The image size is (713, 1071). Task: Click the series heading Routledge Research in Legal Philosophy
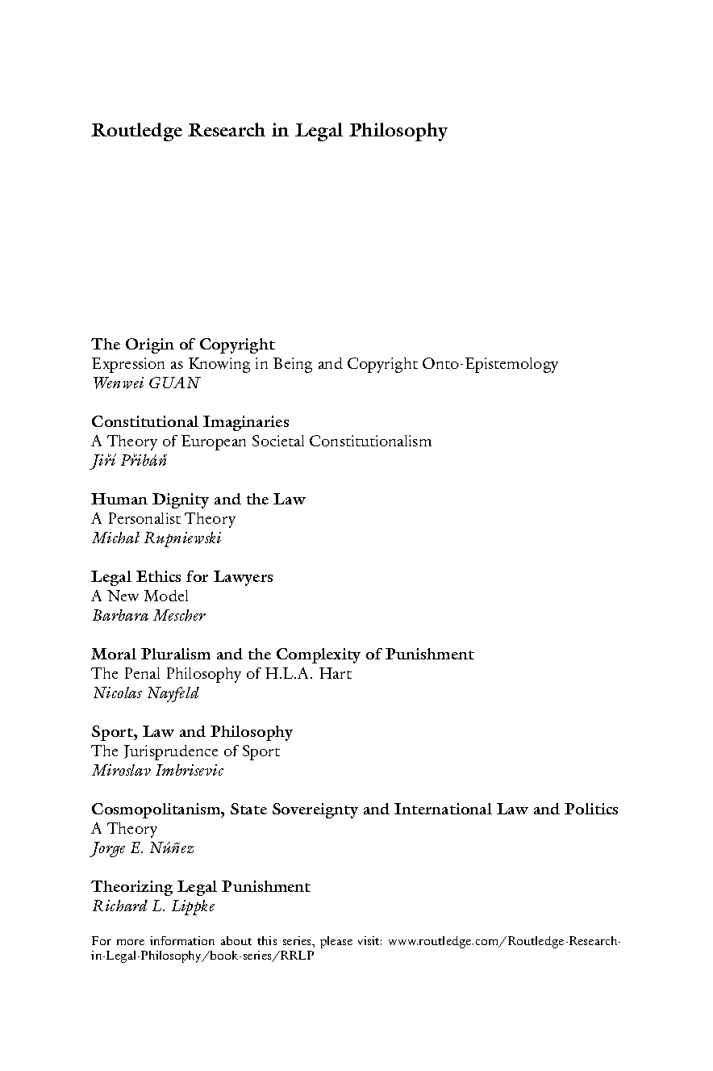[269, 130]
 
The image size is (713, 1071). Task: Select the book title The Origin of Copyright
[183, 345]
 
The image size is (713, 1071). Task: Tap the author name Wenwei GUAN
[145, 383]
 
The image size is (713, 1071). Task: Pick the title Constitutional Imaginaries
[190, 422]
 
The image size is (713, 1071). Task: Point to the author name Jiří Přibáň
[130, 461]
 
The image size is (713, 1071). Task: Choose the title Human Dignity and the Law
[198, 500]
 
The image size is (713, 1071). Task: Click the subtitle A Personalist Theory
[163, 519]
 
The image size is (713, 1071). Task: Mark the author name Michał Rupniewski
[156, 538]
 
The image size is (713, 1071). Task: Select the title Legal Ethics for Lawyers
[181, 577]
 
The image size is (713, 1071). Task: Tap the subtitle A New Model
[140, 596]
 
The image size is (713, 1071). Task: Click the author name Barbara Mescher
[148, 616]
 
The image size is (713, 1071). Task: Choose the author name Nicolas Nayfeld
[144, 693]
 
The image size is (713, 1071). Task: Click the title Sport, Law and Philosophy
[192, 732]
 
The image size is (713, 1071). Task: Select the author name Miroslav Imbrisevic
[157, 771]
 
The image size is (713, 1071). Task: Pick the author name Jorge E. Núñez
[143, 848]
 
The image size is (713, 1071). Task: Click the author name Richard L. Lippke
[152, 906]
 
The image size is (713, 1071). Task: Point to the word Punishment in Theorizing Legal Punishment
[266, 887]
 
